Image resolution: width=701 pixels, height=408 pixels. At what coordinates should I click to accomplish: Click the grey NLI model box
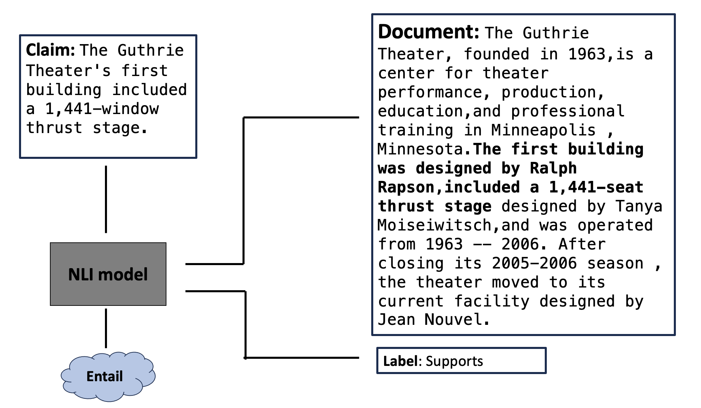(x=108, y=274)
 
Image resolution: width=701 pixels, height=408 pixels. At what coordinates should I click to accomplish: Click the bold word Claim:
(x=50, y=50)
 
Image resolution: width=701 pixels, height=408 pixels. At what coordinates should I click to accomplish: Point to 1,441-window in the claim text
(x=102, y=109)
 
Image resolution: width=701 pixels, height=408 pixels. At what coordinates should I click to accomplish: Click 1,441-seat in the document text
(x=596, y=187)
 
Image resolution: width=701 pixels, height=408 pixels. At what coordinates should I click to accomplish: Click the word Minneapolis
(x=543, y=130)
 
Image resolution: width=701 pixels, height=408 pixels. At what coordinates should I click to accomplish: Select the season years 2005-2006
(x=534, y=263)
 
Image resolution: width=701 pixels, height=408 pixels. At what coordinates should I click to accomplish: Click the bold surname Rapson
(x=406, y=187)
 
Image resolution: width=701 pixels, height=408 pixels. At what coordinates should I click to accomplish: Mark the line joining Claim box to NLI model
(x=106, y=199)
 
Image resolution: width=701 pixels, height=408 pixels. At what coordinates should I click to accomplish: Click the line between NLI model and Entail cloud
(x=106, y=328)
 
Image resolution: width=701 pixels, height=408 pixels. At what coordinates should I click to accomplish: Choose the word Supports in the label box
(x=454, y=361)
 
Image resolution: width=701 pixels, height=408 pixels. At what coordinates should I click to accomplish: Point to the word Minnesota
(x=420, y=149)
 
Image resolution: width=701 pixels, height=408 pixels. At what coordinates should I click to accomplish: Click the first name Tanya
(x=639, y=206)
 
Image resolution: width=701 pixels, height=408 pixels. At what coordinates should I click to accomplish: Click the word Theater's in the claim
(x=68, y=71)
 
